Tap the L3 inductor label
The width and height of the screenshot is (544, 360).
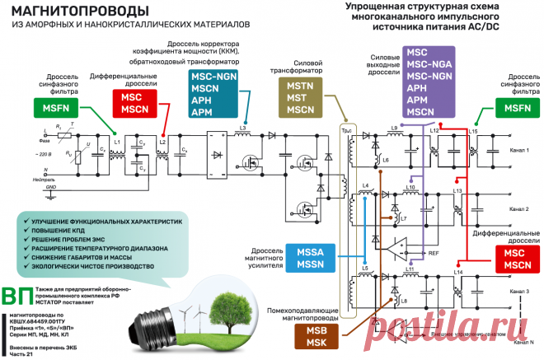242,127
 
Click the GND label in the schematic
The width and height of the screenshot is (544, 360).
50,188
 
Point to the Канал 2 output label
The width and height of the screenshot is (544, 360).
518,209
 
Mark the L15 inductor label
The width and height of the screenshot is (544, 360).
473,132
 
